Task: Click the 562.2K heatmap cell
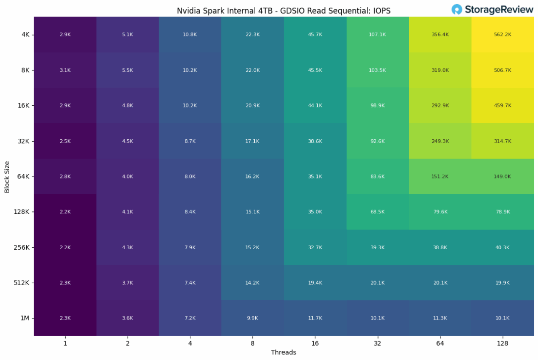click(x=503, y=34)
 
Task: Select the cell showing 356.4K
click(x=440, y=34)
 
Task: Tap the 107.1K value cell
click(x=378, y=34)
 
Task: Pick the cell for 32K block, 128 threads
click(x=503, y=141)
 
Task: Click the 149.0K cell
click(x=503, y=176)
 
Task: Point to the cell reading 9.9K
click(x=252, y=318)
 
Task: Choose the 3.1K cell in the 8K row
click(x=65, y=70)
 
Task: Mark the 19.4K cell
click(x=315, y=282)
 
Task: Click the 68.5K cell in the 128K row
click(x=378, y=211)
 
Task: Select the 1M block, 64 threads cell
click(x=440, y=318)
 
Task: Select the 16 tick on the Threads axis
click(x=315, y=343)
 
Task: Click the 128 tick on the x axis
click(x=503, y=343)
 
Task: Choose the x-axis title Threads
click(x=284, y=353)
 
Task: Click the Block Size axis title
click(x=7, y=176)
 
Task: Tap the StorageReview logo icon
click(x=457, y=10)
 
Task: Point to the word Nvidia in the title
click(x=188, y=11)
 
